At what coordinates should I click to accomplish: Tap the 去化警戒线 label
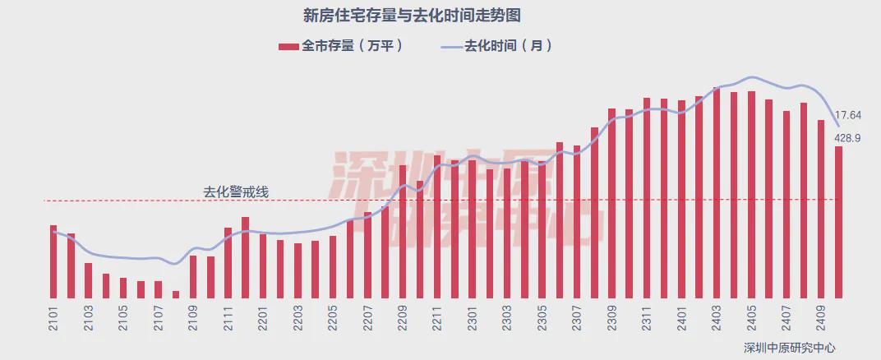pos(236,192)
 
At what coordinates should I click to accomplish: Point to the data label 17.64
pos(847,115)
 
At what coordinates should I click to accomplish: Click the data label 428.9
pos(847,138)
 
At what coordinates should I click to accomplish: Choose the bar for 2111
pos(228,262)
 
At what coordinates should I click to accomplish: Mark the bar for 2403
pos(717,192)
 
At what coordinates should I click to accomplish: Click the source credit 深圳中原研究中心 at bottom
pos(782,347)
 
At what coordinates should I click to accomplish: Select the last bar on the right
pos(838,222)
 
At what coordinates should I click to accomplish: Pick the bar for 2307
pos(577,221)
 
